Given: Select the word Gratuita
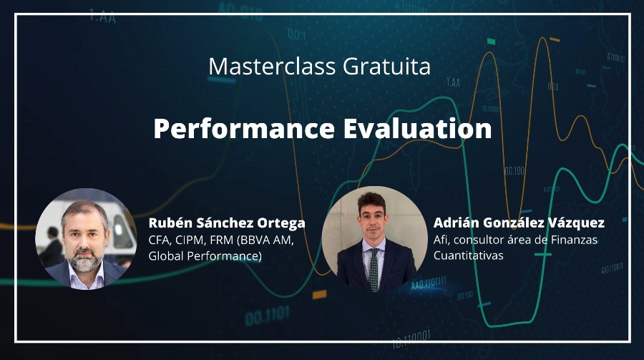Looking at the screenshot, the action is pyautogui.click(x=387, y=66).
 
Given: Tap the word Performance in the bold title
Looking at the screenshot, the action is pyautogui.click(x=244, y=129).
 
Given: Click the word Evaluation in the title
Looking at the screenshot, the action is pyautogui.click(x=417, y=128).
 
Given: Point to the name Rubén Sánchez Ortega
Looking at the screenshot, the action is pyautogui.click(x=227, y=223).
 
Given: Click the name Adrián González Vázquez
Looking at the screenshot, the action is pyautogui.click(x=519, y=223).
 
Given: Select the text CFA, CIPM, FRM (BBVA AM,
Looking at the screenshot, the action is pyautogui.click(x=221, y=240).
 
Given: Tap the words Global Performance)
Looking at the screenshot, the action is pyautogui.click(x=205, y=256).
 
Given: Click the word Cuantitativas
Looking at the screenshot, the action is pyautogui.click(x=468, y=256).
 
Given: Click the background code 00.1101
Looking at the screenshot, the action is pyautogui.click(x=268, y=316).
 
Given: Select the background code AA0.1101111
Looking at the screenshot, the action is pyautogui.click(x=429, y=283).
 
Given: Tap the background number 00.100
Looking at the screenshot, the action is pyautogui.click(x=514, y=170).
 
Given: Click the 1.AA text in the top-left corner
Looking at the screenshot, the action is pyautogui.click(x=102, y=17).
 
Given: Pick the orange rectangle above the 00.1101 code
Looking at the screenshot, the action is pyautogui.click(x=319, y=294).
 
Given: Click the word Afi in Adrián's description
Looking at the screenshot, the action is pyautogui.click(x=440, y=240).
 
